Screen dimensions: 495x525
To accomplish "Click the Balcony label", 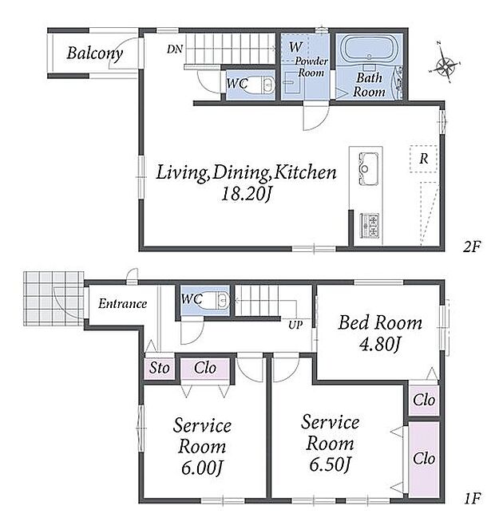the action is [x=94, y=53].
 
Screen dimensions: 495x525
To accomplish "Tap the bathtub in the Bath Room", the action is [x=369, y=49].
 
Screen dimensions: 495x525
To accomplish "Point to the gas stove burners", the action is [x=370, y=225].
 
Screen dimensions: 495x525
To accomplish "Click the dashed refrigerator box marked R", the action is [x=424, y=159].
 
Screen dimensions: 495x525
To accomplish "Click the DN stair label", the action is [x=175, y=49].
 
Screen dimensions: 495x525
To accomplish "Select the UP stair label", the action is [x=295, y=325].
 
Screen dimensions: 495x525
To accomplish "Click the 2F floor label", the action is [x=472, y=247].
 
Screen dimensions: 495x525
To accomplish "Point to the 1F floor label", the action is [x=473, y=499].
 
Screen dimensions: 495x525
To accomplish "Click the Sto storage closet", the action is [x=159, y=369].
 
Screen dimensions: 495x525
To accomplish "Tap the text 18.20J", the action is [x=245, y=194].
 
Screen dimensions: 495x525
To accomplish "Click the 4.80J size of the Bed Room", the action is [x=380, y=344].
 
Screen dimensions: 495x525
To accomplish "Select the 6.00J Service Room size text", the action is [x=202, y=468].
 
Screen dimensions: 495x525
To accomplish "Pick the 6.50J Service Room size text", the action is [x=330, y=464].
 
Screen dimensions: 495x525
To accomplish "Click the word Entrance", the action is [x=123, y=304].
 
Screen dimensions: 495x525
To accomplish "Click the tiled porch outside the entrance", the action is [x=53, y=298].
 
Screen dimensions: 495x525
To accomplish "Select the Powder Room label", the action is [x=311, y=67].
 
